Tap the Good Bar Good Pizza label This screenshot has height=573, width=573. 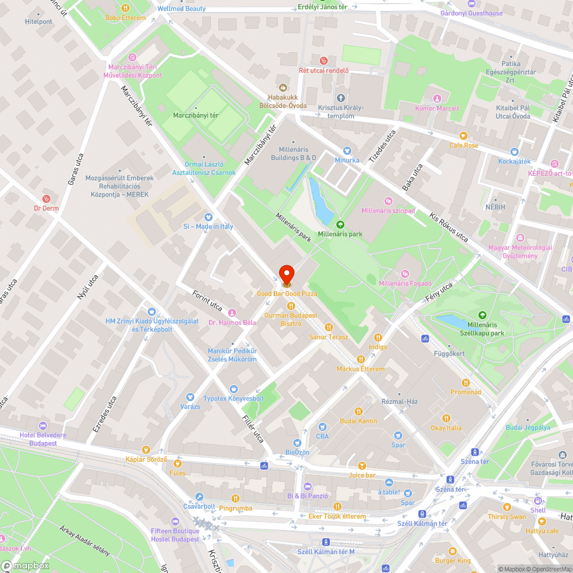click(286, 293)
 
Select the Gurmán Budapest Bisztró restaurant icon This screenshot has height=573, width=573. click(291, 306)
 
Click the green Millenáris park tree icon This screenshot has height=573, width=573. click(340, 225)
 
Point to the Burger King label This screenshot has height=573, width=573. click(453, 560)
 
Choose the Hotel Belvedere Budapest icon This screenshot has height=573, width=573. click(42, 426)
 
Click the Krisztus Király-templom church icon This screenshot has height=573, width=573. click(341, 98)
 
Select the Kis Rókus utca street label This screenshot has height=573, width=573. click(449, 227)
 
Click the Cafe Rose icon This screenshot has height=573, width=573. click(464, 136)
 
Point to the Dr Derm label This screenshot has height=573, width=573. click(46, 209)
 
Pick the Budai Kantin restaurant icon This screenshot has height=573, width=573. click(359, 411)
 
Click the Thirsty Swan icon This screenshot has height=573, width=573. click(507, 507)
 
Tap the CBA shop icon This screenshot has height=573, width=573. click(322, 426)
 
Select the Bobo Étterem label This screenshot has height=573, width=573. click(125, 18)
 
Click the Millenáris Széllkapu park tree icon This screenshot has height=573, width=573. click(482, 315)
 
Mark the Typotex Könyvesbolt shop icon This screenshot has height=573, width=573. click(233, 389)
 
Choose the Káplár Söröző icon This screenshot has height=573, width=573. click(146, 450)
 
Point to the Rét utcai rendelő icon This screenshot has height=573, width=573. click(324, 60)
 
